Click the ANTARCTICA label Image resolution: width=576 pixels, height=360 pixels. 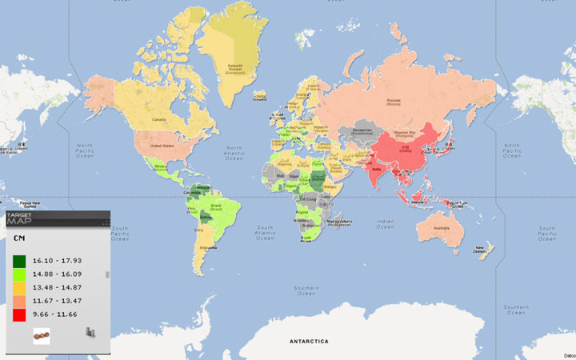pyautogui.click(x=309, y=342)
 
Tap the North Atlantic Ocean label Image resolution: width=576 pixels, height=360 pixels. pyautogui.click(x=234, y=153)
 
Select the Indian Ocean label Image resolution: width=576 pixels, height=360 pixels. pyautogui.click(x=386, y=225)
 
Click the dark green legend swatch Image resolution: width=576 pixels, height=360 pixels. pyautogui.click(x=19, y=261)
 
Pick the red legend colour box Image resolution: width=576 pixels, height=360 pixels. pyautogui.click(x=19, y=315)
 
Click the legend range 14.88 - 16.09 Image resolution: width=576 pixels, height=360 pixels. pyautogui.click(x=57, y=274)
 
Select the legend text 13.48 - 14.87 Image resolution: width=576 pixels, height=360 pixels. pyautogui.click(x=57, y=288)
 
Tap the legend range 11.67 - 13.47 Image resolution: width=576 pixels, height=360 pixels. pyautogui.click(x=57, y=302)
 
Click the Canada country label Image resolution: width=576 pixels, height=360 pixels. pyautogui.click(x=158, y=120)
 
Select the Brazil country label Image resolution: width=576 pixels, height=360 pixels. pyautogui.click(x=215, y=214)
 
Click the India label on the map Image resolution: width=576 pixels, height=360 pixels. pyautogui.click(x=377, y=170)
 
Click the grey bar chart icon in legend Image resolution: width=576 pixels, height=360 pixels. pyautogui.click(x=91, y=333)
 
